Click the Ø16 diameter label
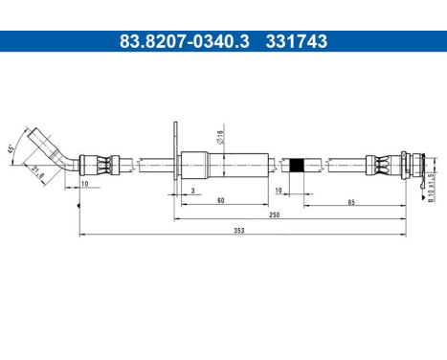221,137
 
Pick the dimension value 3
192,191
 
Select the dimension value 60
220,201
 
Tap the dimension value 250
275,216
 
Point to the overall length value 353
239,231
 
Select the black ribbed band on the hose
297,165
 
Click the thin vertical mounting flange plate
175,158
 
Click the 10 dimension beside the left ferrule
85,182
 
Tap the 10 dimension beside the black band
278,191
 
